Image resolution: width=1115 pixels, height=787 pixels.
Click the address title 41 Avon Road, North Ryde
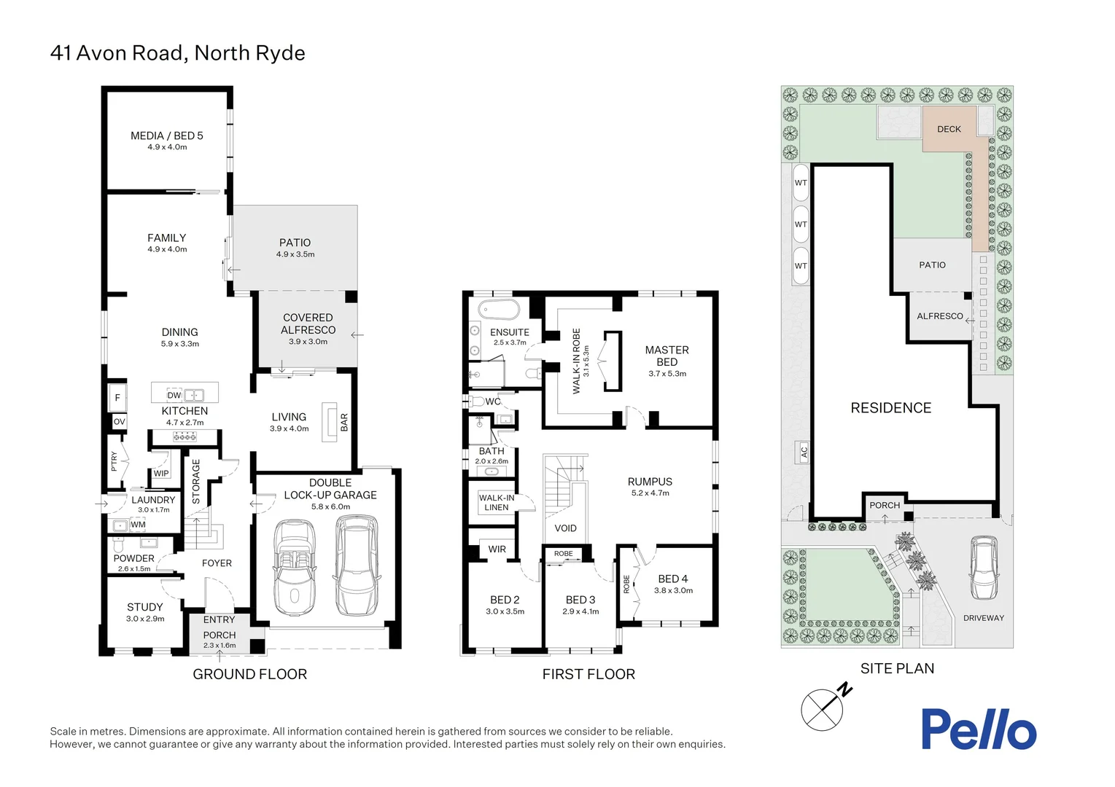177,53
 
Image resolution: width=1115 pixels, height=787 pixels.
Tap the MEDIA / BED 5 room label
167,136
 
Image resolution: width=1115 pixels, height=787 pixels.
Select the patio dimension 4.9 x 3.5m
295,254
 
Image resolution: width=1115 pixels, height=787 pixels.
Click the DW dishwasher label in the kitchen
174,396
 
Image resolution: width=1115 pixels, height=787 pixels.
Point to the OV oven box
119,422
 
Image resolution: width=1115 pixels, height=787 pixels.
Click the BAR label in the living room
344,423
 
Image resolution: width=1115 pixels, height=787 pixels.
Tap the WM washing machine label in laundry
138,525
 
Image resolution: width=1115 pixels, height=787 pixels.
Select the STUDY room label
145,607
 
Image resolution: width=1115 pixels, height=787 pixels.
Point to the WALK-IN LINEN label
497,503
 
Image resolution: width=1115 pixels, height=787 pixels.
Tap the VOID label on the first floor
565,528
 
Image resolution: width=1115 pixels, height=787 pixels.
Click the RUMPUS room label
650,482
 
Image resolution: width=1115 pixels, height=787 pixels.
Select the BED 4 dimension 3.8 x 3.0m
673,591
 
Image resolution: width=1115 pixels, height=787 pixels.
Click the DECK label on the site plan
949,129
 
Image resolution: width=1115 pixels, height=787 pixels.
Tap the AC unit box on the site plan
804,452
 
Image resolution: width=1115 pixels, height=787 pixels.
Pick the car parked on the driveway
983,568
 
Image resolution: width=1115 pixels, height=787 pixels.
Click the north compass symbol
824,708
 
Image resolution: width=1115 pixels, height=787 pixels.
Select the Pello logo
979,729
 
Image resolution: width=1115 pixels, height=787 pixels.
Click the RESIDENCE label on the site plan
890,408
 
